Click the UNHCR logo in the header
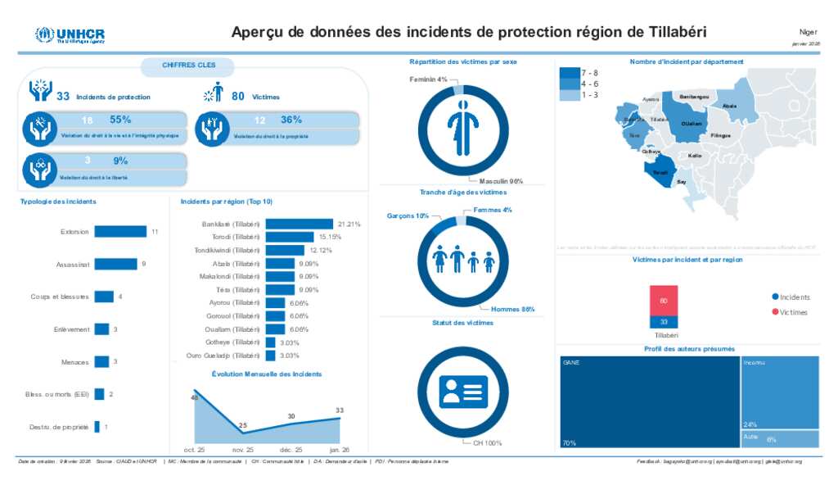click(x=70, y=35)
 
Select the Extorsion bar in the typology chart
click(x=120, y=232)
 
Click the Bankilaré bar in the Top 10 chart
click(x=300, y=224)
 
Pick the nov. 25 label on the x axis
click(x=243, y=450)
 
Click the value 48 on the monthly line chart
click(x=195, y=397)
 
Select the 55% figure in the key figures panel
click(x=120, y=120)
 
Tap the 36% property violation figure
click(x=291, y=120)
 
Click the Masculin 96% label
click(x=501, y=181)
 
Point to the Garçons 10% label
click(x=408, y=216)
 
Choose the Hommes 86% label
click(x=513, y=309)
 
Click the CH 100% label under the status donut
click(x=487, y=443)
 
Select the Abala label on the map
click(x=730, y=107)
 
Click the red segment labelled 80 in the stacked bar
click(x=664, y=300)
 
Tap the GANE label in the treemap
click(x=570, y=361)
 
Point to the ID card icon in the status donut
click(x=464, y=392)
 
